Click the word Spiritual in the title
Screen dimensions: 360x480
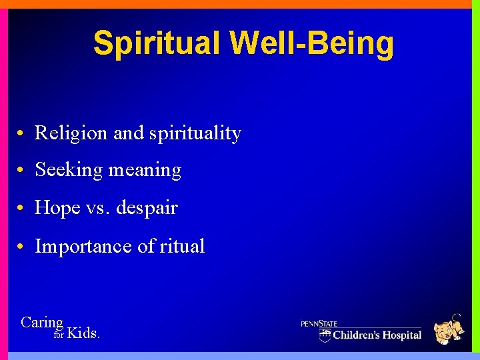point(157,43)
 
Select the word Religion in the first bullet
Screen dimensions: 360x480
point(71,133)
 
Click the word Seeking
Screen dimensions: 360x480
point(69,171)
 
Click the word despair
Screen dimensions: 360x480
point(147,209)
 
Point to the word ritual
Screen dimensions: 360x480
point(182,247)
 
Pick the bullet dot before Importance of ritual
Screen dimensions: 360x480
point(22,247)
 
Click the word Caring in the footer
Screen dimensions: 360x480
point(42,323)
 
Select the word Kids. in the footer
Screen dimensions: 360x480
point(84,333)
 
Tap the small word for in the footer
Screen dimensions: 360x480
point(59,335)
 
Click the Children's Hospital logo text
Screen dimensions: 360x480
point(377,335)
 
